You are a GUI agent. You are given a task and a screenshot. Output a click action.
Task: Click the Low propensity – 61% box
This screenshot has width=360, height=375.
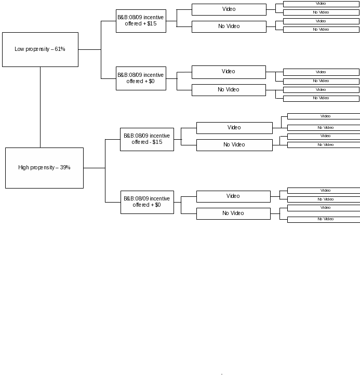click(x=40, y=49)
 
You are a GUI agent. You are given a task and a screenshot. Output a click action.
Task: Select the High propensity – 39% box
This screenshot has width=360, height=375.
click(x=45, y=168)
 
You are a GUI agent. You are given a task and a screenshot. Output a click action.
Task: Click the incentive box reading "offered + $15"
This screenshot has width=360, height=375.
click(x=141, y=21)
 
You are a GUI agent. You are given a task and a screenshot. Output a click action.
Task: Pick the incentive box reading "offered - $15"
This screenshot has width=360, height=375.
click(x=147, y=139)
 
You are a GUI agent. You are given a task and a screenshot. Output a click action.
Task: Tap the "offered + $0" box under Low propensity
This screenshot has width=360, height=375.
click(x=141, y=78)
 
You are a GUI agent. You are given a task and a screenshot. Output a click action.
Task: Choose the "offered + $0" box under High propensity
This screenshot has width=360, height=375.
click(x=147, y=203)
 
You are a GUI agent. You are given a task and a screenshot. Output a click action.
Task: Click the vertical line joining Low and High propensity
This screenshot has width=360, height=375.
click(x=40, y=107)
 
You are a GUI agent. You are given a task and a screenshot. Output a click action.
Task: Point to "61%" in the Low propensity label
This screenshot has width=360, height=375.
click(x=60, y=49)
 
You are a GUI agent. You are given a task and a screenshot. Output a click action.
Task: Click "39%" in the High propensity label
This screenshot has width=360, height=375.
click(x=65, y=167)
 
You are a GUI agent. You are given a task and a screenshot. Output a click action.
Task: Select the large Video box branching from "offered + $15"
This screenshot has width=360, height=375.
click(x=229, y=9)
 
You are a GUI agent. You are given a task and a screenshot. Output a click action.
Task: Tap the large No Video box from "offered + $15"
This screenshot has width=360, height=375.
click(x=229, y=26)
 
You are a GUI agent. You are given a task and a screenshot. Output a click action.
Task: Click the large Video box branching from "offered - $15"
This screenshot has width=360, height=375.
click(x=234, y=128)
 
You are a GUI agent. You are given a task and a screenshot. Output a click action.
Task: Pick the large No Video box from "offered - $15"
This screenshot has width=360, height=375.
click(x=234, y=145)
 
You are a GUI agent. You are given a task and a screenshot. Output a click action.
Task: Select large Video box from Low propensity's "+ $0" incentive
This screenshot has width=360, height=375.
click(x=229, y=72)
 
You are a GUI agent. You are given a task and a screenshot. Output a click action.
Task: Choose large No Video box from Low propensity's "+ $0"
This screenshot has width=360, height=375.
click(x=229, y=90)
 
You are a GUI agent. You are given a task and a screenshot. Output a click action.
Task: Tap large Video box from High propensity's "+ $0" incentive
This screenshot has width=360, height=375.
click(x=233, y=196)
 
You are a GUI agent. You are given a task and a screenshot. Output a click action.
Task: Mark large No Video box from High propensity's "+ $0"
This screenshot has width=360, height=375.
click(x=233, y=213)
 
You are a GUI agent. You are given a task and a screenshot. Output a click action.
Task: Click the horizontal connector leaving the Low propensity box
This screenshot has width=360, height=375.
click(x=90, y=49)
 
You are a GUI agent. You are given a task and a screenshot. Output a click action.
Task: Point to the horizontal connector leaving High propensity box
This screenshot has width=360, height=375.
click(x=94, y=168)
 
